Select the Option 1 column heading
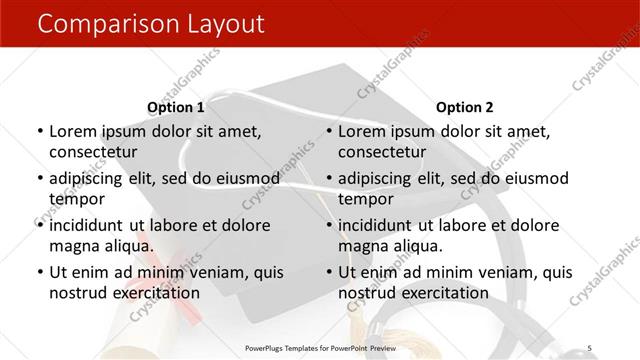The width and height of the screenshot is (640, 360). (175, 107)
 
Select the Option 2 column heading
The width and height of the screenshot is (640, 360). (465, 107)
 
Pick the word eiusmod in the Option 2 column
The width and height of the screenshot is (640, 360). (533, 179)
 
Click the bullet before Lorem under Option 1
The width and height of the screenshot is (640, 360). (38, 132)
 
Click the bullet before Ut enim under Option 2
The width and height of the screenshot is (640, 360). (328, 272)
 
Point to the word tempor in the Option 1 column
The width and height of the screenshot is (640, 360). (76, 199)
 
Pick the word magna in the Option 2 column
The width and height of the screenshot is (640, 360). (364, 246)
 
